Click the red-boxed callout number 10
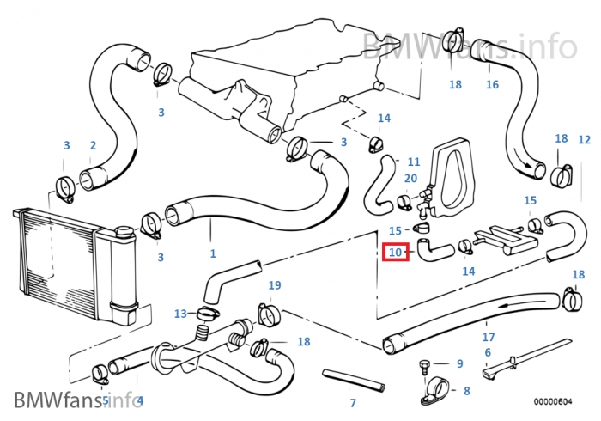(x=396, y=253)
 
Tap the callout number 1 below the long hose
(x=213, y=253)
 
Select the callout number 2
(x=93, y=146)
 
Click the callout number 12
(x=584, y=139)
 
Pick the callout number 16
(x=492, y=84)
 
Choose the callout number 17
(x=488, y=336)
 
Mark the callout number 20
(x=410, y=178)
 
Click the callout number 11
(x=414, y=161)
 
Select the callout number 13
(x=180, y=313)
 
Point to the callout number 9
(x=459, y=363)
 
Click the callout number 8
(x=466, y=391)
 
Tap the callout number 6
(x=488, y=352)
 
